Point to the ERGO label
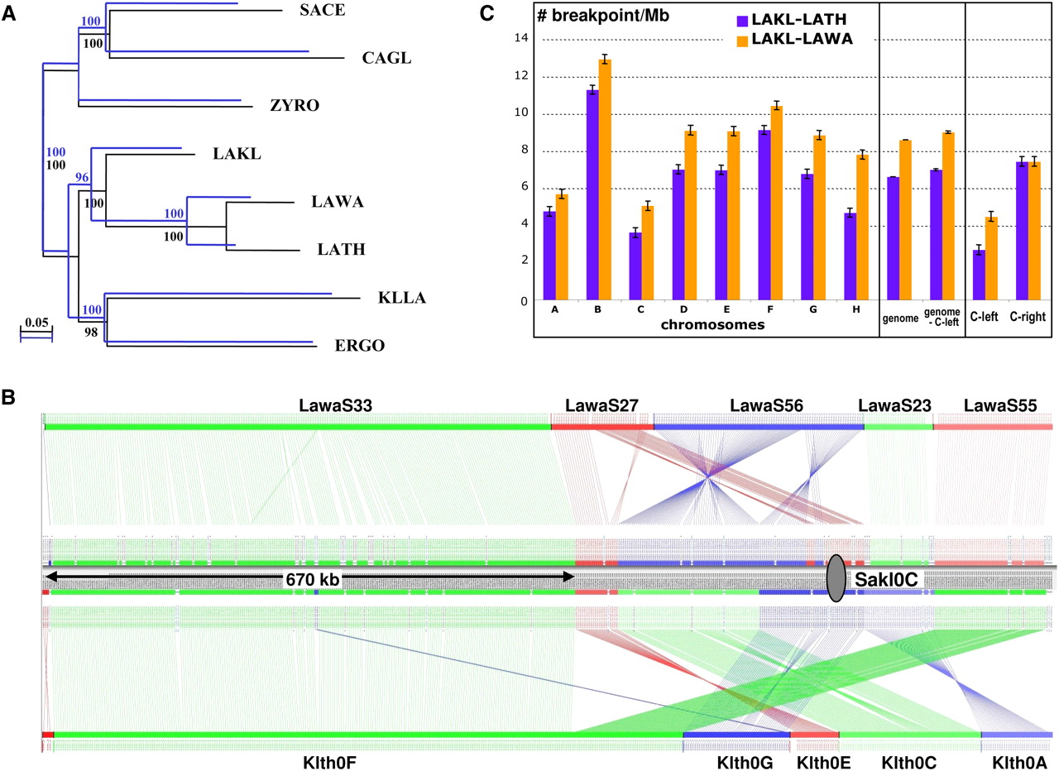point(359,346)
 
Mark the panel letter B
point(7,397)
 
